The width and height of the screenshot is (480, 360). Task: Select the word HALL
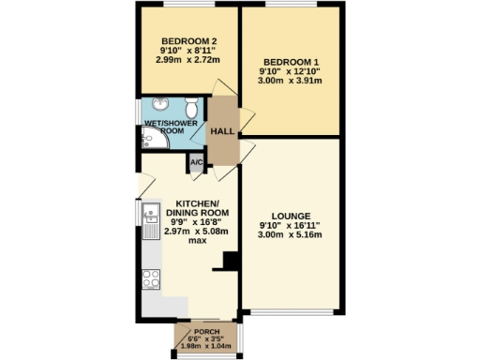[x=221, y=132]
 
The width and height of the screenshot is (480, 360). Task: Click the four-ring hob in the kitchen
[x=149, y=277]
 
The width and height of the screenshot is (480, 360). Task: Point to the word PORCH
[x=206, y=334]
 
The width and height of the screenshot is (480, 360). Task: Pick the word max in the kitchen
[x=197, y=240]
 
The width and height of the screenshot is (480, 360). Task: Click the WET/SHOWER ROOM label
[x=164, y=127]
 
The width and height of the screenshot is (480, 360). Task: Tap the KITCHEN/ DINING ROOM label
[x=197, y=208]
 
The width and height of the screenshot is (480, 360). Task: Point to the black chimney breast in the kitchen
[x=226, y=262]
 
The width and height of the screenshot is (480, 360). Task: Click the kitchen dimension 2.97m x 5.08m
[x=197, y=231]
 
